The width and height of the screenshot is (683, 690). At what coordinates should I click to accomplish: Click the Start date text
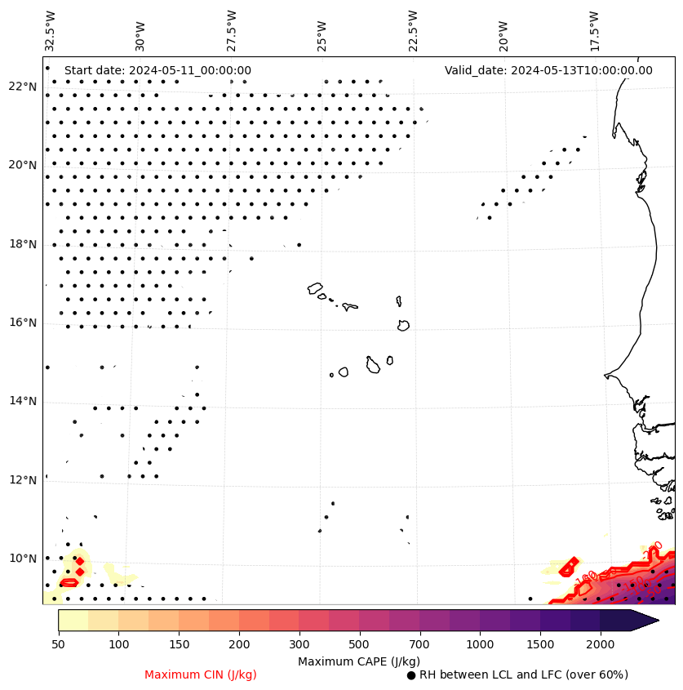point(157,70)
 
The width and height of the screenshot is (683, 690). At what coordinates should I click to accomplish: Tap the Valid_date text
point(548,70)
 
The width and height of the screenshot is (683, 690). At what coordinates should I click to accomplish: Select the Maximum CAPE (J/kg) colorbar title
point(358,661)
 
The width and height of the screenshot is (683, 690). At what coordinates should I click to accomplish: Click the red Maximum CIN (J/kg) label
point(201,674)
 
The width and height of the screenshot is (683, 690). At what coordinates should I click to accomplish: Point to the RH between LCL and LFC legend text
point(523,674)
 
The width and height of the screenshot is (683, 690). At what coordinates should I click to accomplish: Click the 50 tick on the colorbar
point(58,645)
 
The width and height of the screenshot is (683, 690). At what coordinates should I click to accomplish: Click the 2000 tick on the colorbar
point(601,645)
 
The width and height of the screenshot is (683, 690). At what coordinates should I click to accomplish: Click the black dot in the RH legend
point(411,675)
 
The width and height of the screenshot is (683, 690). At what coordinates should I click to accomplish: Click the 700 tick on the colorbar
point(419,645)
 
